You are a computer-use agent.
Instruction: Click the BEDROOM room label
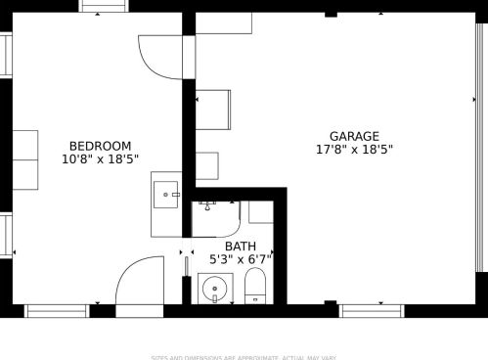[x=100, y=146]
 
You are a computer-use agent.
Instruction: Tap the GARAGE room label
[x=354, y=136]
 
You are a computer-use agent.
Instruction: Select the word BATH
[x=241, y=247]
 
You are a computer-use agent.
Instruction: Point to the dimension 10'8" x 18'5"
[x=100, y=158]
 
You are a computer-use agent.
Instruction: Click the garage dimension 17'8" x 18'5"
[x=354, y=150]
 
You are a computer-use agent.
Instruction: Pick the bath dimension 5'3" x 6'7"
[x=241, y=259]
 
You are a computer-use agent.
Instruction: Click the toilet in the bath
[x=255, y=288]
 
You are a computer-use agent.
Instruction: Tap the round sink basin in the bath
[x=214, y=290]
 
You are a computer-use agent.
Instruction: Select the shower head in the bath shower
[x=206, y=204]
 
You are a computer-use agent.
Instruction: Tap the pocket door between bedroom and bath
[x=185, y=278]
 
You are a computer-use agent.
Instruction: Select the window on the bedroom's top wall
[x=104, y=6]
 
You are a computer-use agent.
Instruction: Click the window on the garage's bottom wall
[x=372, y=310]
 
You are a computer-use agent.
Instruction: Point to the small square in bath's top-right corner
[x=260, y=211]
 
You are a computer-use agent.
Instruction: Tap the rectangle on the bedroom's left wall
[x=24, y=159]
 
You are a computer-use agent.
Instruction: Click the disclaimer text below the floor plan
[x=244, y=356]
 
